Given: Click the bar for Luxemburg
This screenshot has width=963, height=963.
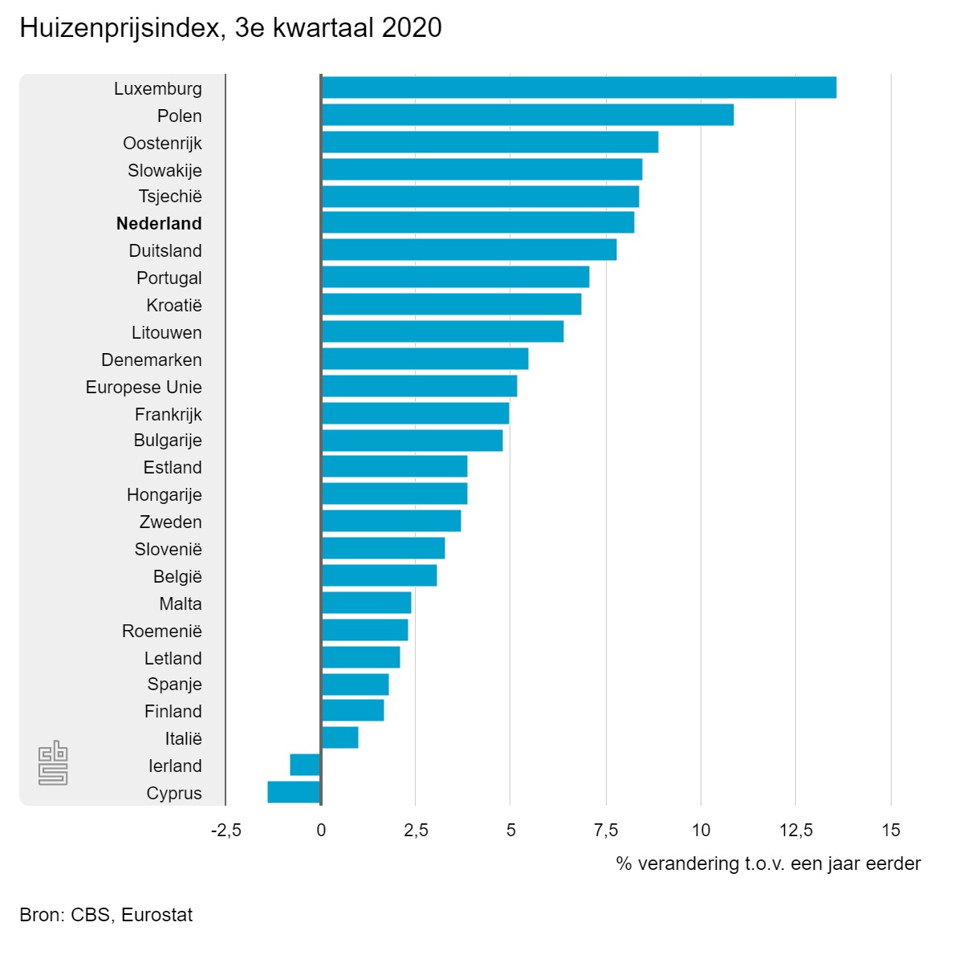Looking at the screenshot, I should coord(578,87).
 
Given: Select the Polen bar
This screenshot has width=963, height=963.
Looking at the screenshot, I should coord(527,115).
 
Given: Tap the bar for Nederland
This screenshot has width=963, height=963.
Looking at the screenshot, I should coord(477,222).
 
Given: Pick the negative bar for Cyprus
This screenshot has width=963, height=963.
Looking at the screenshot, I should coord(294,792).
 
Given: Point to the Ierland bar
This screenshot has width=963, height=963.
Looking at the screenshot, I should coord(305,765).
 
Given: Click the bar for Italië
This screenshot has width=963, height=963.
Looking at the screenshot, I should coord(339,737).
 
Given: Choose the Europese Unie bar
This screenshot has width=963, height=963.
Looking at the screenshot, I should coord(419,386).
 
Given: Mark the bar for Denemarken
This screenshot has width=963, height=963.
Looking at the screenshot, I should coord(425,359).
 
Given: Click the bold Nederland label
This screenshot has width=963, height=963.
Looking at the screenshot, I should coord(159,223).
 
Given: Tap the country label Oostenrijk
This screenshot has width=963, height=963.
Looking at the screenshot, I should coord(162,143).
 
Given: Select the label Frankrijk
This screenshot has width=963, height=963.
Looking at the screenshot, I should coord(168,414).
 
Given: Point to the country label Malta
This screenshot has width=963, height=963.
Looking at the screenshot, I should coord(181,603).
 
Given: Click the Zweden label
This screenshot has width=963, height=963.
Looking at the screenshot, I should coord(170,522).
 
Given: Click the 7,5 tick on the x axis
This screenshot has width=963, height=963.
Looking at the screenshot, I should coord(606,830).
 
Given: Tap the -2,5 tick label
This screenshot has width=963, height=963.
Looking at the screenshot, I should coord(226,830).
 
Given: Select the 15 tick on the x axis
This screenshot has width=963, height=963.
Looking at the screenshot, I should coord(891,830).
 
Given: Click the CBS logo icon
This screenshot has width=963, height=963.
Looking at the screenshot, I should coord(53,762).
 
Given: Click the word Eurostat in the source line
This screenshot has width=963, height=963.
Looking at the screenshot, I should coord(157,915).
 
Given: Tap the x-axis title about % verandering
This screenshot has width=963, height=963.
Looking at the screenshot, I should coord(768,863).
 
